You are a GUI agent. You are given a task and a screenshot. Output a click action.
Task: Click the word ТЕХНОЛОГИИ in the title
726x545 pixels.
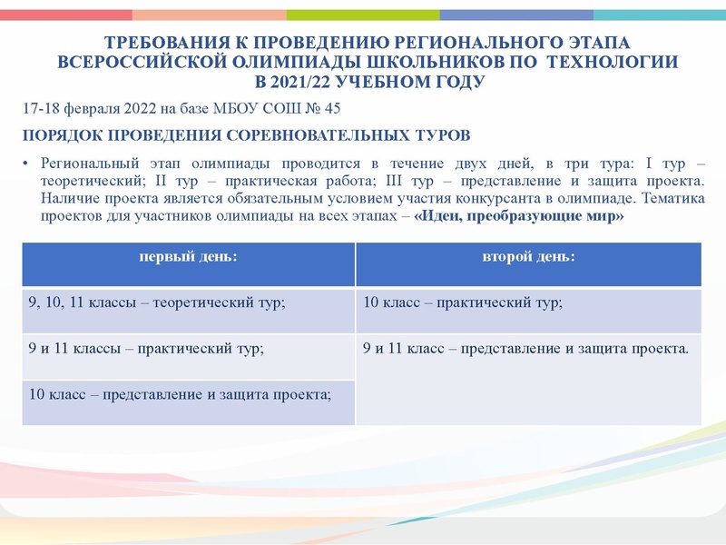click(613, 62)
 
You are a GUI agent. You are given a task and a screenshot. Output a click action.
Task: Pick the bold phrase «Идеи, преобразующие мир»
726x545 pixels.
click(519, 219)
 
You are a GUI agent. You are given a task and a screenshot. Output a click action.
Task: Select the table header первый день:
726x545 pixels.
click(188, 257)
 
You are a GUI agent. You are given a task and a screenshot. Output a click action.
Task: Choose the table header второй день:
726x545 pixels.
click(527, 257)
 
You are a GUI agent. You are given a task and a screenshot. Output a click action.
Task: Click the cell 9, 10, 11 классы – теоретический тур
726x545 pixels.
click(157, 303)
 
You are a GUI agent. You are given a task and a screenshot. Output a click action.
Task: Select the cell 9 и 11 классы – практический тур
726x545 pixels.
click(146, 348)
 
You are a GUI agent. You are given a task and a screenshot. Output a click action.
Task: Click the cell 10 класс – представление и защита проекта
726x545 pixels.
click(180, 393)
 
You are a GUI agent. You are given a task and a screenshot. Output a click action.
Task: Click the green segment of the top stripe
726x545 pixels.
click(363, 15)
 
